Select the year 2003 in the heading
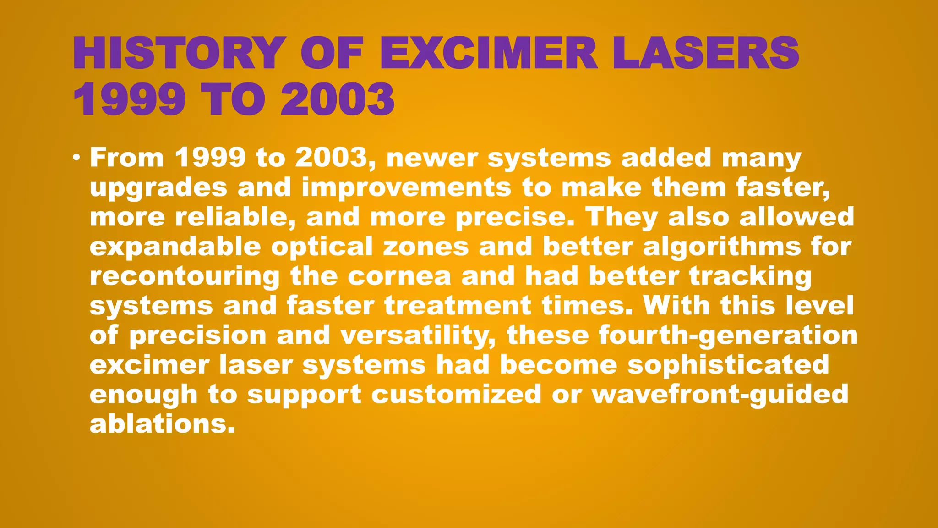click(x=337, y=100)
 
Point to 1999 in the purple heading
click(x=129, y=100)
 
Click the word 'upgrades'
click(x=158, y=188)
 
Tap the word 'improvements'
click(x=406, y=188)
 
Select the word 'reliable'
click(x=235, y=217)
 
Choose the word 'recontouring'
click(x=185, y=277)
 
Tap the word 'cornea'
click(x=399, y=276)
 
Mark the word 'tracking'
click(x=750, y=277)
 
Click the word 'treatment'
click(x=458, y=306)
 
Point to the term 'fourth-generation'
click(x=728, y=335)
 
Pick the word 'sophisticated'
click(x=728, y=365)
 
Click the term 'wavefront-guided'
click(x=720, y=395)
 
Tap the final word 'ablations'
click(x=162, y=424)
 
